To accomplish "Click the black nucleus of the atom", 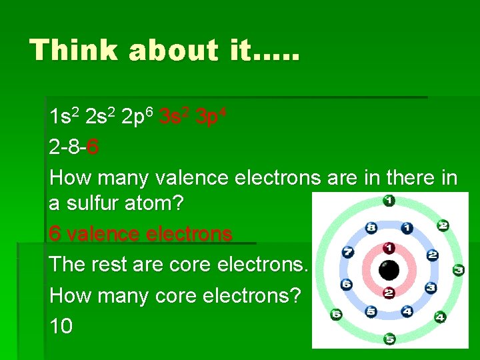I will pos(389,270).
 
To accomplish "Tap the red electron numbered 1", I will pos(389,248).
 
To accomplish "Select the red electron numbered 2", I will pos(389,293).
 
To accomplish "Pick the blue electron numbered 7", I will pos(347,253).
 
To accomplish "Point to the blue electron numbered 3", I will pos(431,287).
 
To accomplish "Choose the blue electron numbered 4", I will pos(407,311).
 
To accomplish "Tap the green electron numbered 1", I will pos(389,200).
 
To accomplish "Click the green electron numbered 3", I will pos(458,270).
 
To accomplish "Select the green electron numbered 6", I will pos(337,314).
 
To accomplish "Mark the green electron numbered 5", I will pos(389,339).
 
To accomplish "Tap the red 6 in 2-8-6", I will pos(93,147).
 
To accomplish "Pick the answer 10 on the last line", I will pos(61,326).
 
